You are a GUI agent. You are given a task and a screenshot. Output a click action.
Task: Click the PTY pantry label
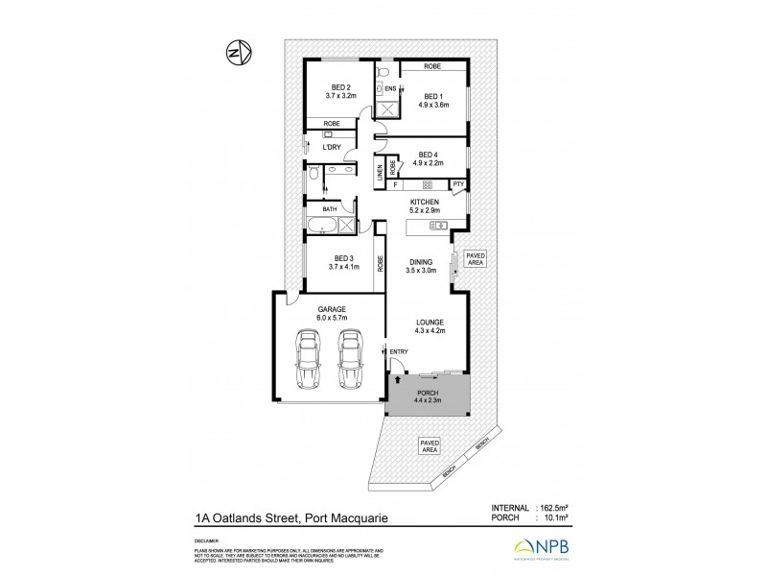click(x=458, y=183)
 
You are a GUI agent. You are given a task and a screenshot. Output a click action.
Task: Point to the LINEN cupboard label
click(x=380, y=173)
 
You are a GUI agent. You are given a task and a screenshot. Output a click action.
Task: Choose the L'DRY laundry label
click(x=332, y=146)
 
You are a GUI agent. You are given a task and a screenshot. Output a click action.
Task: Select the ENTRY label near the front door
click(x=399, y=352)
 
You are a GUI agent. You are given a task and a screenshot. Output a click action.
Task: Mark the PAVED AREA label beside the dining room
click(x=475, y=258)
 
